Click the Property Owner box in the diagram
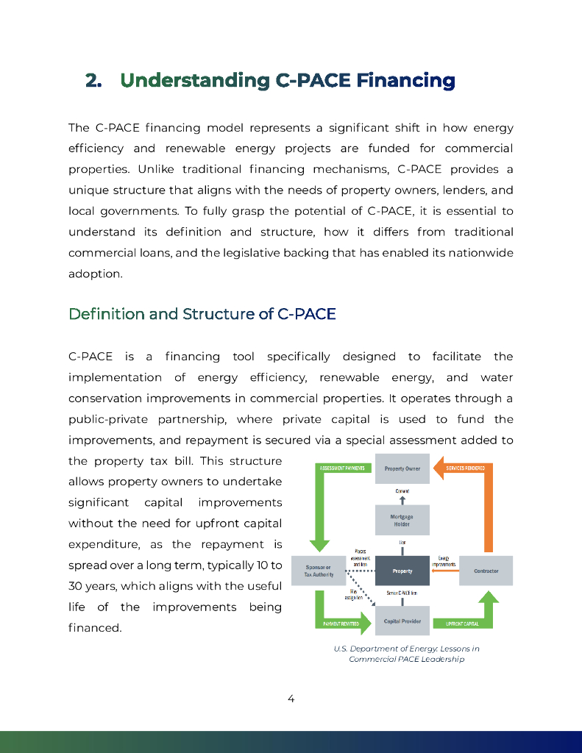402,468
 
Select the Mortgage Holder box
402,521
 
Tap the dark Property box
402,571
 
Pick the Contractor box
486,571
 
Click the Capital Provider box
402,621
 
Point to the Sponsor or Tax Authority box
319,571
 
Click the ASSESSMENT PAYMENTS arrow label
340,468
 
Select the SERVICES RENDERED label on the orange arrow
465,468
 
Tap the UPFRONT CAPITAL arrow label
462,624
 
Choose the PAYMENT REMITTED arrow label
341,624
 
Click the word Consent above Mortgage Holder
402,490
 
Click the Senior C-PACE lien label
402,593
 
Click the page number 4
291,699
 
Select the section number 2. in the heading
93,80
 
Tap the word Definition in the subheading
106,314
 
